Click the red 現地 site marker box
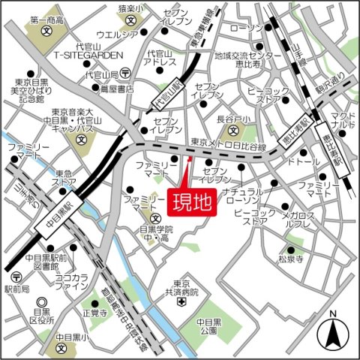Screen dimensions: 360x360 (190, 202)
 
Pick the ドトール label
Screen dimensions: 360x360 (303, 160)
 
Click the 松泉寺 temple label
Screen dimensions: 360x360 (290, 259)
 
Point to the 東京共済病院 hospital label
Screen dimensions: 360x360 (180, 289)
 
